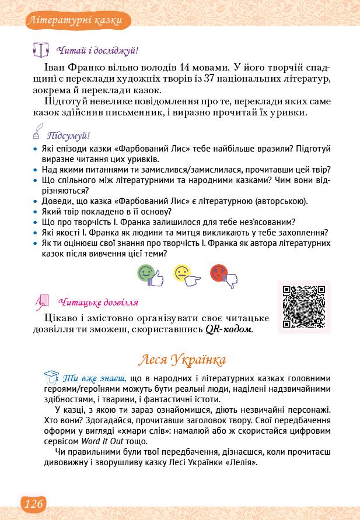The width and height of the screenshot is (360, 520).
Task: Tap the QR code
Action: pyautogui.click(x=303, y=307)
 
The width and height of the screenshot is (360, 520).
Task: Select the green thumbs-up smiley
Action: pyautogui.click(x=148, y=275)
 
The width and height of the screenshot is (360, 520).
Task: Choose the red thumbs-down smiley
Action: pyautogui.click(x=222, y=275)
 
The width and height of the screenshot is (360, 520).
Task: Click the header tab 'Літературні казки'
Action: pyautogui.click(x=74, y=22)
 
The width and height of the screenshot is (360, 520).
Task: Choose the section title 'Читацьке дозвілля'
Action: pyautogui.click(x=99, y=303)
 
